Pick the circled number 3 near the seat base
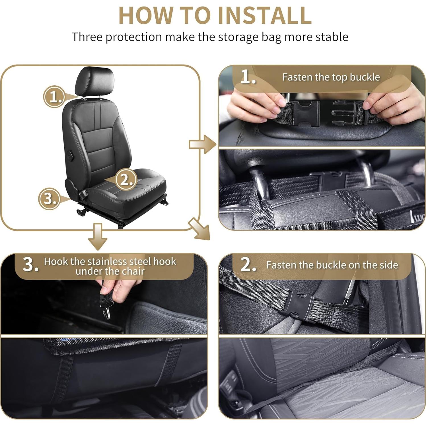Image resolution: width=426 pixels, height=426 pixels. (x=49, y=198)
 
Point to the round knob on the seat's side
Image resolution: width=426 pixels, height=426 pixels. (x=70, y=155)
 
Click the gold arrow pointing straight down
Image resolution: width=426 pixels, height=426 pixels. (x=98, y=236)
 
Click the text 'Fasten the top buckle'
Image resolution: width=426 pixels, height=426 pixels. (x=331, y=77)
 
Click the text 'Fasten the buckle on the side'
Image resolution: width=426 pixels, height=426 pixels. (x=332, y=265)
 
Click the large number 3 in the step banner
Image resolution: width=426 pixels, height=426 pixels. (x=30, y=265)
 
